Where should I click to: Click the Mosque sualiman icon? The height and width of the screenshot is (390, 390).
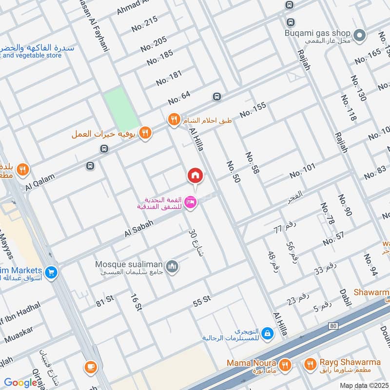pos(172,266)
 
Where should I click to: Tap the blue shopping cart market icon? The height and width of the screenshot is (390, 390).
pos(51,273)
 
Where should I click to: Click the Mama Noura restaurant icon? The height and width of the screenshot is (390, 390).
pos(285,364)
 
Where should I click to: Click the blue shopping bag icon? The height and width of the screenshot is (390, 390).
pos(267,333)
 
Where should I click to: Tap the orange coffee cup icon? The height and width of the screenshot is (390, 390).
pos(91,367)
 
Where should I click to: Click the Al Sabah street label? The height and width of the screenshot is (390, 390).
pos(139,228)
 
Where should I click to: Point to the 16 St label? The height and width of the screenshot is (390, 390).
pos(136,302)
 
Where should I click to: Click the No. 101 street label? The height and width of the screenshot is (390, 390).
pos(303,171)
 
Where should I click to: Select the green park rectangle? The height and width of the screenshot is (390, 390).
pos(121,110)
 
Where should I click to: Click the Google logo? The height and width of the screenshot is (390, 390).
pos(21,383)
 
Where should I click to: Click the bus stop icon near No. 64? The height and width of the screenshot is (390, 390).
pos(216,97)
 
